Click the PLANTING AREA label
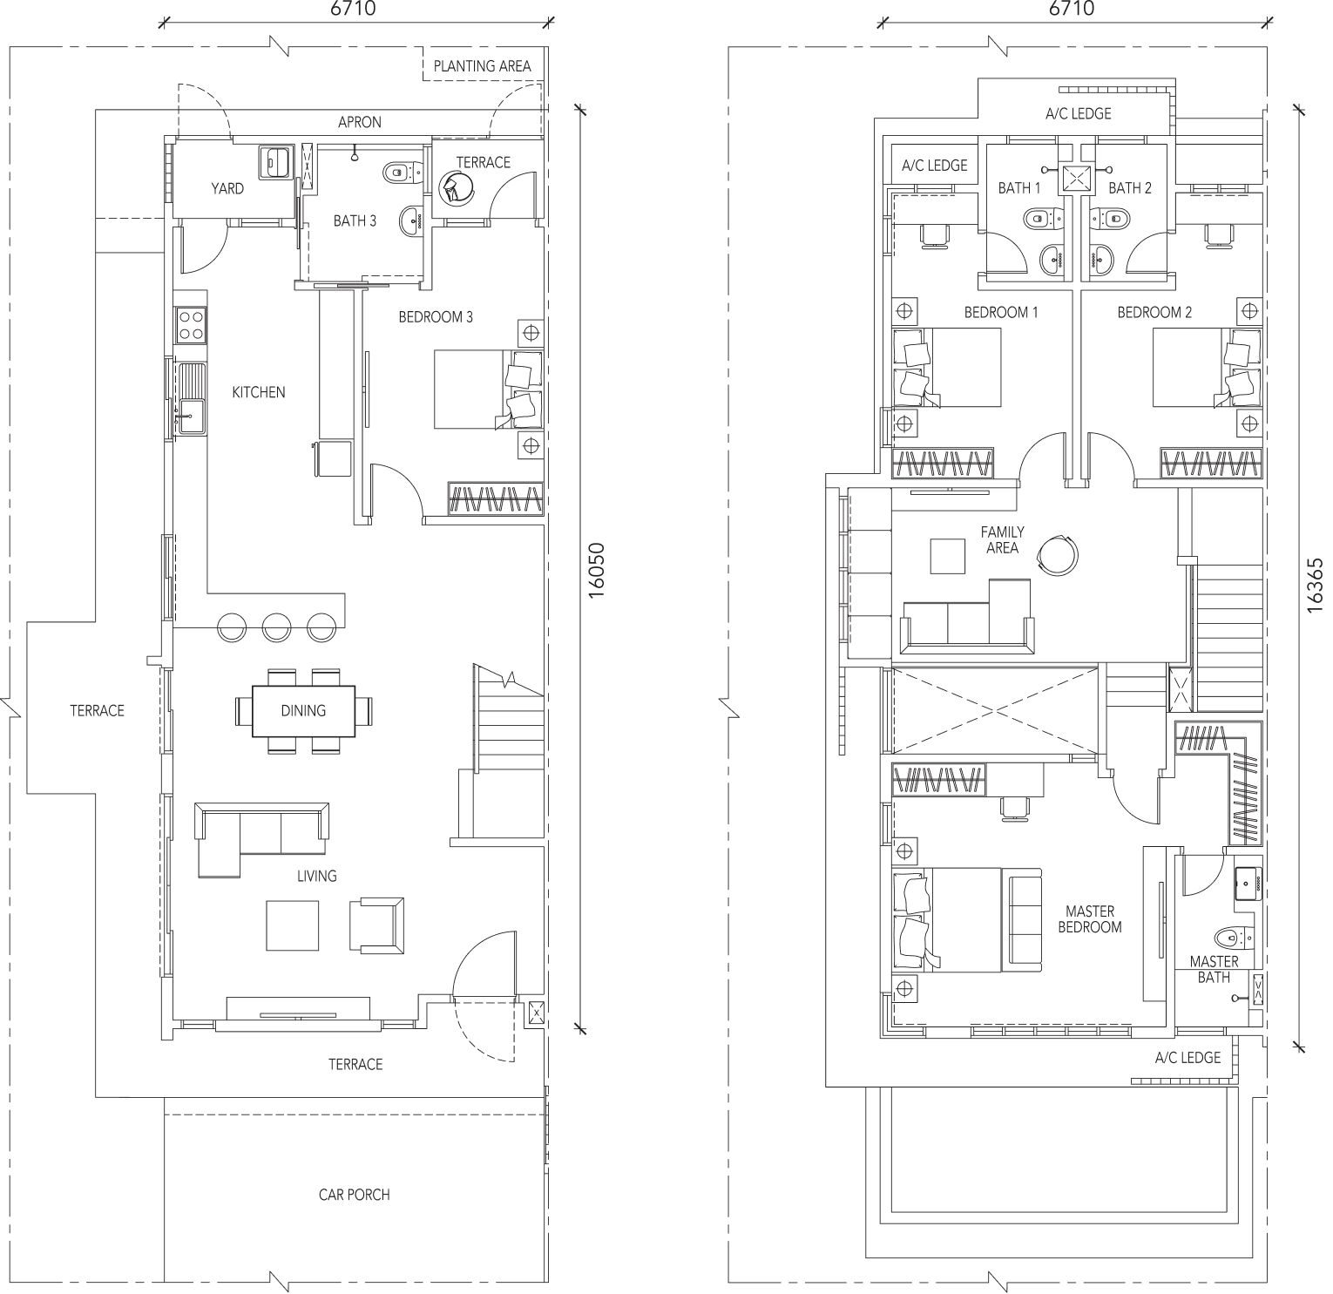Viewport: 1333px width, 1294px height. pyautogui.click(x=482, y=66)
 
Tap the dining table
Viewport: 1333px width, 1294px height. pyautogui.click(x=304, y=711)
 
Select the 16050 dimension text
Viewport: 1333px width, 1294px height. pyautogui.click(x=597, y=570)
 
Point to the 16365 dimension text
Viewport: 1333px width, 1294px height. pyautogui.click(x=1315, y=586)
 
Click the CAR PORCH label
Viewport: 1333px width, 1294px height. pyautogui.click(x=354, y=1195)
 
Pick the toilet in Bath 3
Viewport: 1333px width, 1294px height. pyautogui.click(x=397, y=173)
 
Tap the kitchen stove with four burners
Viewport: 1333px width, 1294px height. pyautogui.click(x=192, y=325)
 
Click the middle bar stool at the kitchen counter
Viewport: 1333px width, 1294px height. pyautogui.click(x=276, y=627)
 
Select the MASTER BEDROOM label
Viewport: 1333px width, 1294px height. pyautogui.click(x=1089, y=919)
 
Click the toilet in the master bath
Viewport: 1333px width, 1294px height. pyautogui.click(x=1230, y=938)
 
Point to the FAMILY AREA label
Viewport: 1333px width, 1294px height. pyautogui.click(x=1002, y=540)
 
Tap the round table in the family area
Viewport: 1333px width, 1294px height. pyautogui.click(x=1058, y=552)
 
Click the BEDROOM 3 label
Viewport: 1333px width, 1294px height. pyautogui.click(x=436, y=317)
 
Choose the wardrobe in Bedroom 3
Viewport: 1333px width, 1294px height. pyautogui.click(x=496, y=498)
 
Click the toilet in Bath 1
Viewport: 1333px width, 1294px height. pyautogui.click(x=1038, y=217)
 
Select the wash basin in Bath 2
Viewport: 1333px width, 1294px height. pyautogui.click(x=1103, y=258)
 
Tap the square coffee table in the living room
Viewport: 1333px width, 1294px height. pyautogui.click(x=293, y=925)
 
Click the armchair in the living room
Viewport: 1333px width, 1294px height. pyautogui.click(x=376, y=925)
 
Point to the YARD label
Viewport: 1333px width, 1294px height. pyautogui.click(x=227, y=188)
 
